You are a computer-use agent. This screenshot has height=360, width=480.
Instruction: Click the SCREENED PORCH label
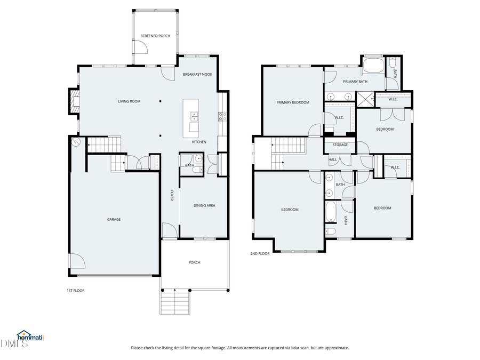(x=155, y=36)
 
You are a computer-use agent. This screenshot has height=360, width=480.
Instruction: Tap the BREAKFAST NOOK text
(x=197, y=74)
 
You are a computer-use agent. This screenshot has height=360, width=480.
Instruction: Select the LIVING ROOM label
(x=129, y=101)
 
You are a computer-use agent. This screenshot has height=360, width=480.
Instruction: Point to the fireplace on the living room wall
(x=72, y=101)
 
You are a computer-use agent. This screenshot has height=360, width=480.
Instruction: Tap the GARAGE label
(x=114, y=219)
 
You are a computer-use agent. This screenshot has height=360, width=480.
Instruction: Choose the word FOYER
(x=172, y=196)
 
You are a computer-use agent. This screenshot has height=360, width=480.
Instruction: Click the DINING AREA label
(x=204, y=205)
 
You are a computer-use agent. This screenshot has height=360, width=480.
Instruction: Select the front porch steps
(x=174, y=302)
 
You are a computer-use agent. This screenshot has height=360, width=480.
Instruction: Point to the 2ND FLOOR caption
(x=260, y=254)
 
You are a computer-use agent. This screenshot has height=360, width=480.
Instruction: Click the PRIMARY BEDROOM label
(x=292, y=102)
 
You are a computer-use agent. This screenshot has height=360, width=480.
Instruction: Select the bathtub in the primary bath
(x=373, y=66)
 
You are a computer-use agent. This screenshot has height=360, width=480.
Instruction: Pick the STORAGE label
(x=340, y=145)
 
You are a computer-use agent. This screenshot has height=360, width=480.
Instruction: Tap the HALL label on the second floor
(x=333, y=159)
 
